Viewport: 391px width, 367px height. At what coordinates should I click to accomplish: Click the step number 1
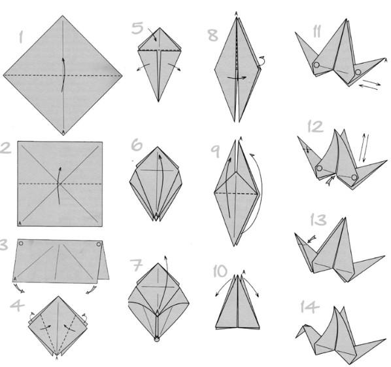[21, 37]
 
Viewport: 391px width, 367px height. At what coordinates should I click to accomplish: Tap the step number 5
[138, 28]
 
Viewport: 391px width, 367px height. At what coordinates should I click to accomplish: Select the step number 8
[213, 35]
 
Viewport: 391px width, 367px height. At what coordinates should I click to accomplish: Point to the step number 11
[316, 31]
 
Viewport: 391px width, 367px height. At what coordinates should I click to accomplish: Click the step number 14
[310, 306]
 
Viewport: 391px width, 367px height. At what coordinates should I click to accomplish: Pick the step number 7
[136, 265]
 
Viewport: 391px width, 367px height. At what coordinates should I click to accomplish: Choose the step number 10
[220, 271]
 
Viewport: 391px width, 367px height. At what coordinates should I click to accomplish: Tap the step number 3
[3, 244]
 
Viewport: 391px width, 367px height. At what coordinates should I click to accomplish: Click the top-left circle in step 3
[21, 243]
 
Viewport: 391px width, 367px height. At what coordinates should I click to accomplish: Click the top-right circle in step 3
[99, 244]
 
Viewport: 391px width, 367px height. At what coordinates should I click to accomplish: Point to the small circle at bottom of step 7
[157, 339]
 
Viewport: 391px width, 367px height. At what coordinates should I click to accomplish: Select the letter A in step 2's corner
[20, 223]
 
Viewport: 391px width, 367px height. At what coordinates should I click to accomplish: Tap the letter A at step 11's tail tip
[386, 60]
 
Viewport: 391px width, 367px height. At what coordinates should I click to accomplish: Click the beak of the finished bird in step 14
[297, 336]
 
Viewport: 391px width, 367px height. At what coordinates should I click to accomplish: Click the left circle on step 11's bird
[316, 65]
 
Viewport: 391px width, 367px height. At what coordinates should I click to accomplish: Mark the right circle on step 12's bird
[354, 178]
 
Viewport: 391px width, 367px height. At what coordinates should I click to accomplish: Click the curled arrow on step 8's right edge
[262, 61]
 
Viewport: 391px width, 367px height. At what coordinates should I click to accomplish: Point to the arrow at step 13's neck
[312, 239]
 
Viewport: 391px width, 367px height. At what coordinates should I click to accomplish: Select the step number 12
[315, 126]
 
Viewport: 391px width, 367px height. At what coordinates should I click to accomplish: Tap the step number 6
[137, 145]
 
